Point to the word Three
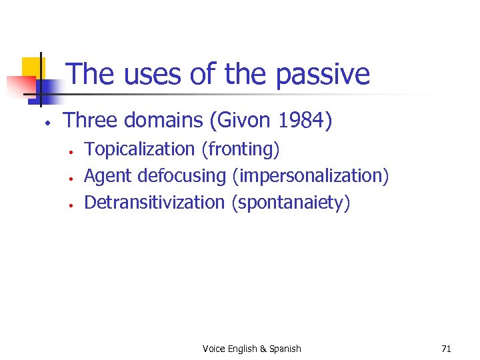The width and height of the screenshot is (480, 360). coord(89,121)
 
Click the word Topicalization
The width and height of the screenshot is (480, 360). coord(140,149)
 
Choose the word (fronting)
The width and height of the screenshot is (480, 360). coord(241,149)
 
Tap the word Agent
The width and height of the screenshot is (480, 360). coord(108,176)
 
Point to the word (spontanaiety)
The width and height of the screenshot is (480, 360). coord(291,202)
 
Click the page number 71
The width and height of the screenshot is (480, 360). coord(446,349)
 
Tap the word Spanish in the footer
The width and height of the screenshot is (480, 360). coord(285,349)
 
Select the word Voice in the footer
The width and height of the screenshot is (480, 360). coord(213,349)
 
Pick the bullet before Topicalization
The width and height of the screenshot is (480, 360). coord(70,151)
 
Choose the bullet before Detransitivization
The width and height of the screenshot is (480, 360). coord(70,204)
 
